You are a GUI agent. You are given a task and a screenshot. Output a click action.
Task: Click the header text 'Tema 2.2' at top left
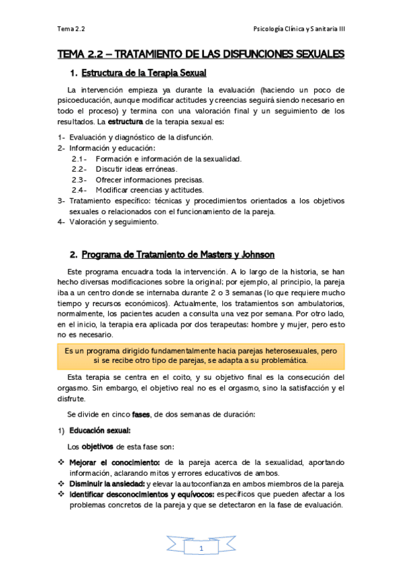pos(70,30)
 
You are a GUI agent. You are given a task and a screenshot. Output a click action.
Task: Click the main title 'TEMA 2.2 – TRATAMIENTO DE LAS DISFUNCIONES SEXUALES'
pos(201,53)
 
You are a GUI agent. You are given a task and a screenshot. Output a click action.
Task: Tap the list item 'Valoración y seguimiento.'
pos(114,221)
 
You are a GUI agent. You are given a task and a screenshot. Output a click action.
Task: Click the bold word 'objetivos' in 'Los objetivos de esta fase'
pos(97,446)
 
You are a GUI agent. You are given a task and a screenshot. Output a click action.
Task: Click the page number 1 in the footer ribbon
pos(201,549)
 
